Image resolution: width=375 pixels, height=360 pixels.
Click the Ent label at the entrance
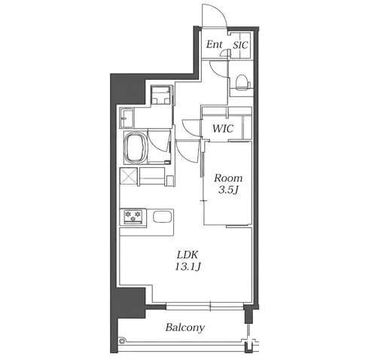point(215,44)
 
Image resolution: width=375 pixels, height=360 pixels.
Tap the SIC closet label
point(240,45)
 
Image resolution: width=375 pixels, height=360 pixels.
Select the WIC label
point(223,129)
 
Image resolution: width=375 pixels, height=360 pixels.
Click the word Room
point(228,178)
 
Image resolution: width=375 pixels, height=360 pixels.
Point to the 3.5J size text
point(227,191)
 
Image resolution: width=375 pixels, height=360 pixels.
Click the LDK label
point(187,255)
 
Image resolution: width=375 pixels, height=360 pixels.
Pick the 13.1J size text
point(187,267)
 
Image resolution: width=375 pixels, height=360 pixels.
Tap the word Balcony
point(185,328)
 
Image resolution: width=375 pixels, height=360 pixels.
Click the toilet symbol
point(243,82)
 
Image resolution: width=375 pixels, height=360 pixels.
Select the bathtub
point(136,148)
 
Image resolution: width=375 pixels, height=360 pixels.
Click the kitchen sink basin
point(163,217)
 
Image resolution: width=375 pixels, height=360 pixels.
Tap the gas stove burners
point(133,216)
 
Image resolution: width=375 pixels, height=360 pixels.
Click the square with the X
point(129,175)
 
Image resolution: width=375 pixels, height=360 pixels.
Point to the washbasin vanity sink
point(127,118)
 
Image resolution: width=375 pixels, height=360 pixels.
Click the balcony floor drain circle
point(122,340)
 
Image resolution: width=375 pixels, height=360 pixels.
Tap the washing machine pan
point(161,94)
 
